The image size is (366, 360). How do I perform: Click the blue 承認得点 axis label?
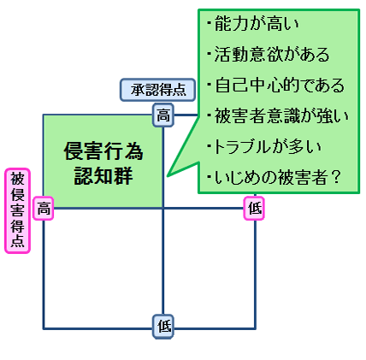pos(157,90)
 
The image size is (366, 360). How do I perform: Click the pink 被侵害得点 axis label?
pos(17,210)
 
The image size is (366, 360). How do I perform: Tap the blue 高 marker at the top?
pos(163,115)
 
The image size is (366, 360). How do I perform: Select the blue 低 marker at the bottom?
pos(163,327)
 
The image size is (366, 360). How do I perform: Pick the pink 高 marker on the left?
pos(44,209)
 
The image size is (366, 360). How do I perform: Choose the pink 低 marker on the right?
pos(254,209)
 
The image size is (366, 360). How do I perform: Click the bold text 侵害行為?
pos(103,151)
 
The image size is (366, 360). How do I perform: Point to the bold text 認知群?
pos(103,176)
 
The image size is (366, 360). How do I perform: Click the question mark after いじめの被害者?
pos(336,178)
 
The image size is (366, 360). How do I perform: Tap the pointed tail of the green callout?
pos(168,176)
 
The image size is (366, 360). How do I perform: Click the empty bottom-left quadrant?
pos(103,269)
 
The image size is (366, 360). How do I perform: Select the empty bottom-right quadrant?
pos(209,269)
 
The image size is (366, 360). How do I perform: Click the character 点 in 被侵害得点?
pos(17,241)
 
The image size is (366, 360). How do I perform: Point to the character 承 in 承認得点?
pos(138,90)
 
